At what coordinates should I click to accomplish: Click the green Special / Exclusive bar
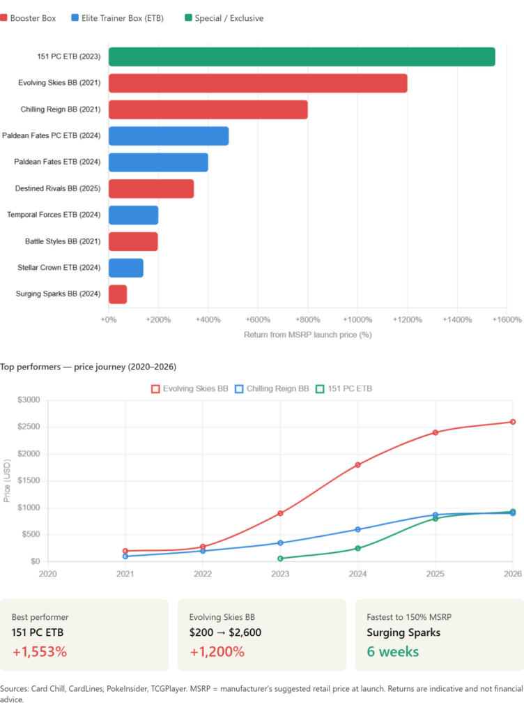(x=302, y=57)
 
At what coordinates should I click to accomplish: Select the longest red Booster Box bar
(x=258, y=84)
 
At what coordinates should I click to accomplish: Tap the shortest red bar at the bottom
(x=118, y=294)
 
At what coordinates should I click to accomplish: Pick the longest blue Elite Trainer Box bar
(x=169, y=136)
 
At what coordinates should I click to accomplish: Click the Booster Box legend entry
(x=29, y=18)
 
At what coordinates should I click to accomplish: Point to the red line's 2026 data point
(x=513, y=422)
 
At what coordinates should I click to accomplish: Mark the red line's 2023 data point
(x=280, y=513)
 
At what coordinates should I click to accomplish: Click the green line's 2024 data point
(x=358, y=548)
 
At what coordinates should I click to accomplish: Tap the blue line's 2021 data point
(x=125, y=556)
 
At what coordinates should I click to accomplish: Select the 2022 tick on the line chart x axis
(x=203, y=575)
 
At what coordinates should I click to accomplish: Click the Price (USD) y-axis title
(x=7, y=480)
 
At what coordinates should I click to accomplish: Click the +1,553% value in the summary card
(x=39, y=652)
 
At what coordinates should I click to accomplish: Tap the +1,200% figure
(x=217, y=652)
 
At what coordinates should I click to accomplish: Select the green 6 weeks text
(x=393, y=652)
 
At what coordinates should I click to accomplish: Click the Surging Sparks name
(x=403, y=633)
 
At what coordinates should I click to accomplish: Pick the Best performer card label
(x=40, y=617)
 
